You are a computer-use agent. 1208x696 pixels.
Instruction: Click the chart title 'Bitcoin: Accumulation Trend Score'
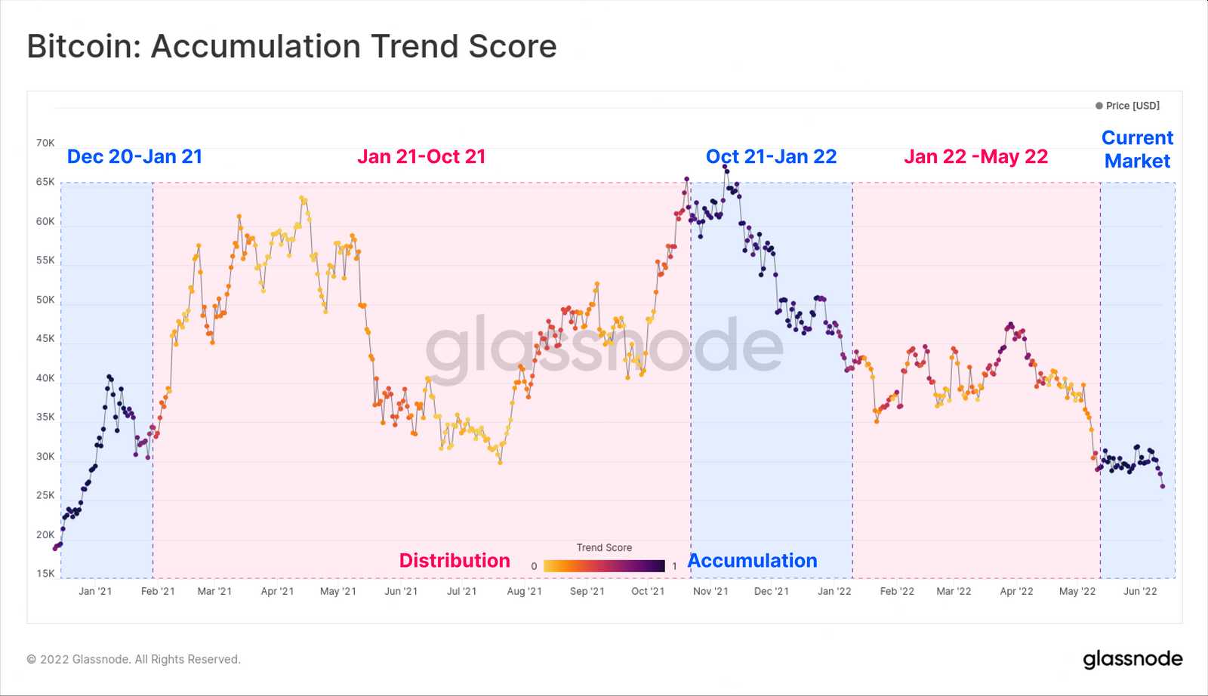click(x=291, y=47)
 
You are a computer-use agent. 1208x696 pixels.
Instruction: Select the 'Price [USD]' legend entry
click(x=1131, y=106)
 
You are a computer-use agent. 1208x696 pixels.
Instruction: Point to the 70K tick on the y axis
click(x=45, y=143)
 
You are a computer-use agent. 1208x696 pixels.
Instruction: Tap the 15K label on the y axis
click(x=45, y=574)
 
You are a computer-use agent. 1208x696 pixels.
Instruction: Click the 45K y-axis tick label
click(x=45, y=339)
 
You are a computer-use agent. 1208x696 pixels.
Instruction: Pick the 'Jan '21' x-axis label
click(x=95, y=591)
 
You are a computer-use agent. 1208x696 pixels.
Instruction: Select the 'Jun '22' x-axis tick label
click(x=1139, y=591)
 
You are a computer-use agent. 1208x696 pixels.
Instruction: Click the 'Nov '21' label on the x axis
click(x=710, y=591)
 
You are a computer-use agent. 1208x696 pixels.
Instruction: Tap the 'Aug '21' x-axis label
click(x=524, y=591)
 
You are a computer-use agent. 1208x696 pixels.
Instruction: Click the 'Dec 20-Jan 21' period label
click(x=134, y=156)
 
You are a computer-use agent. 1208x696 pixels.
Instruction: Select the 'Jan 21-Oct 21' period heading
click(x=421, y=156)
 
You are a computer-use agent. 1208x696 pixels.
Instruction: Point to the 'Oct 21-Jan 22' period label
click(x=771, y=156)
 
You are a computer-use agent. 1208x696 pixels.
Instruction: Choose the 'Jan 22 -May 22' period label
click(x=975, y=156)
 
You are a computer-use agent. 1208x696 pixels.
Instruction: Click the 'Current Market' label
click(x=1137, y=149)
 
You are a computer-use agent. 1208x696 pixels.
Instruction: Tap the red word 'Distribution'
click(x=455, y=560)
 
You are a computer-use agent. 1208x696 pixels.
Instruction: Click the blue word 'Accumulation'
click(x=753, y=560)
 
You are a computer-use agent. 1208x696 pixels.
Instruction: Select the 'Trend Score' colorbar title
click(x=604, y=547)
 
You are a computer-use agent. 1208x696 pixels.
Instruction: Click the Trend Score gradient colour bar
click(x=604, y=565)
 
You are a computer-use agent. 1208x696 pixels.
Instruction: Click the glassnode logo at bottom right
click(x=1132, y=659)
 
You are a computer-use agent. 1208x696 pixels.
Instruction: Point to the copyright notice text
click(x=134, y=659)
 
